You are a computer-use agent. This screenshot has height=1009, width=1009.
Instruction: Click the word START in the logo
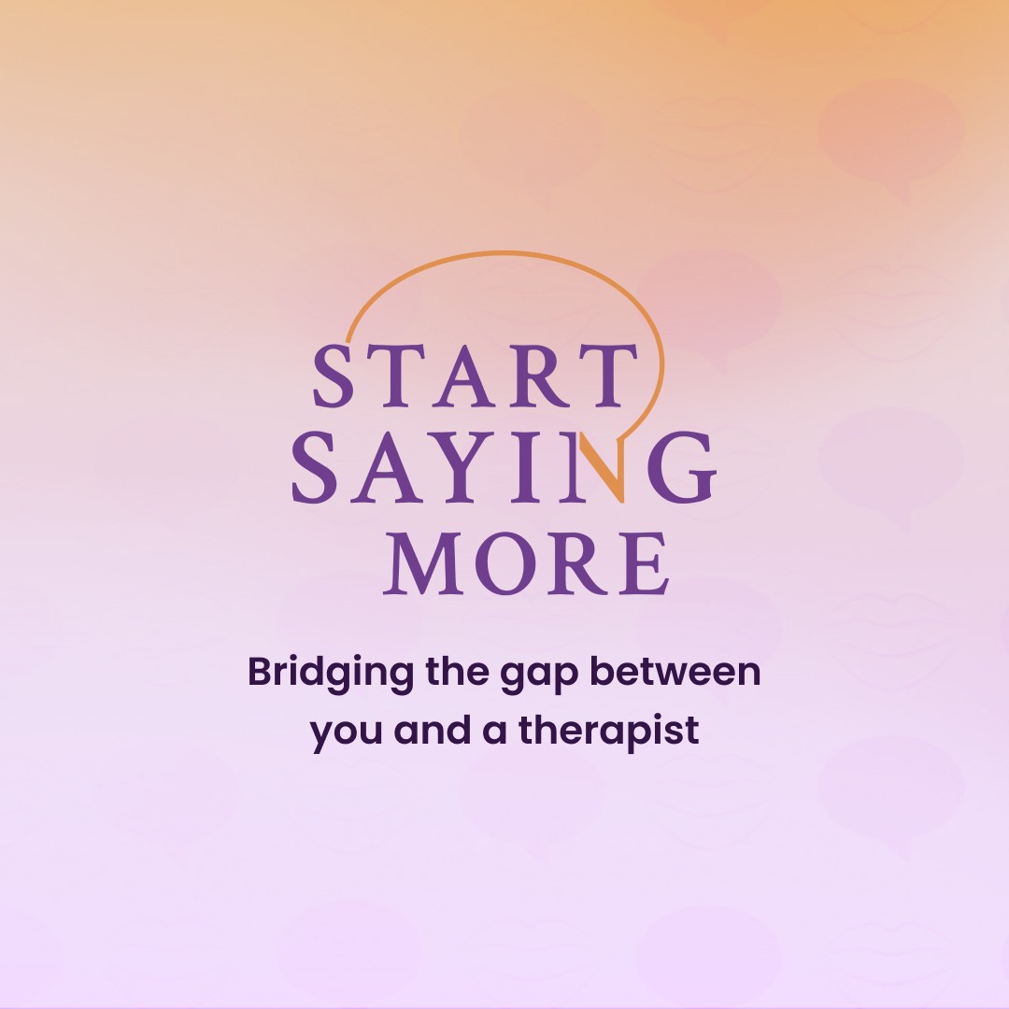[x=475, y=376]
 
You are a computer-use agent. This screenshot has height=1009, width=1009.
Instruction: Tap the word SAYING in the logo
[x=504, y=467]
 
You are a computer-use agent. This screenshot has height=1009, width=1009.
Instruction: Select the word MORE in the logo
[x=526, y=563]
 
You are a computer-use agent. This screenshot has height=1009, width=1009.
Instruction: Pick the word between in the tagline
[x=675, y=671]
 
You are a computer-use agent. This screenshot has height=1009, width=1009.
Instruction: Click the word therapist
[x=609, y=732]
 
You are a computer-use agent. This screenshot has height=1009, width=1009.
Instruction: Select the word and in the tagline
[x=432, y=730]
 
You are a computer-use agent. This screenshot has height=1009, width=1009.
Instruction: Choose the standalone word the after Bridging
[x=457, y=671]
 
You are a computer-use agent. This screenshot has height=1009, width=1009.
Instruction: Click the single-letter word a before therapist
[x=494, y=733]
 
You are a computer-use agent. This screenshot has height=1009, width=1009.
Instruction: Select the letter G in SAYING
[x=682, y=467]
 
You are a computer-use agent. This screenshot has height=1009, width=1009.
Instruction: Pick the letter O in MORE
[x=506, y=563]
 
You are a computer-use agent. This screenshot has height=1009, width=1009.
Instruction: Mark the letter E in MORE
[x=644, y=563]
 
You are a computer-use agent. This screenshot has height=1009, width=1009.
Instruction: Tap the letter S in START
[x=334, y=376]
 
